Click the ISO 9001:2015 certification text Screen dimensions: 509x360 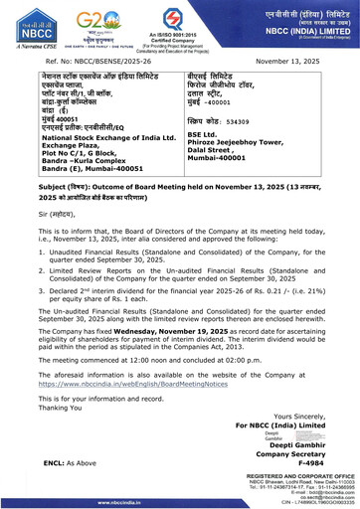point(181,39)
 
